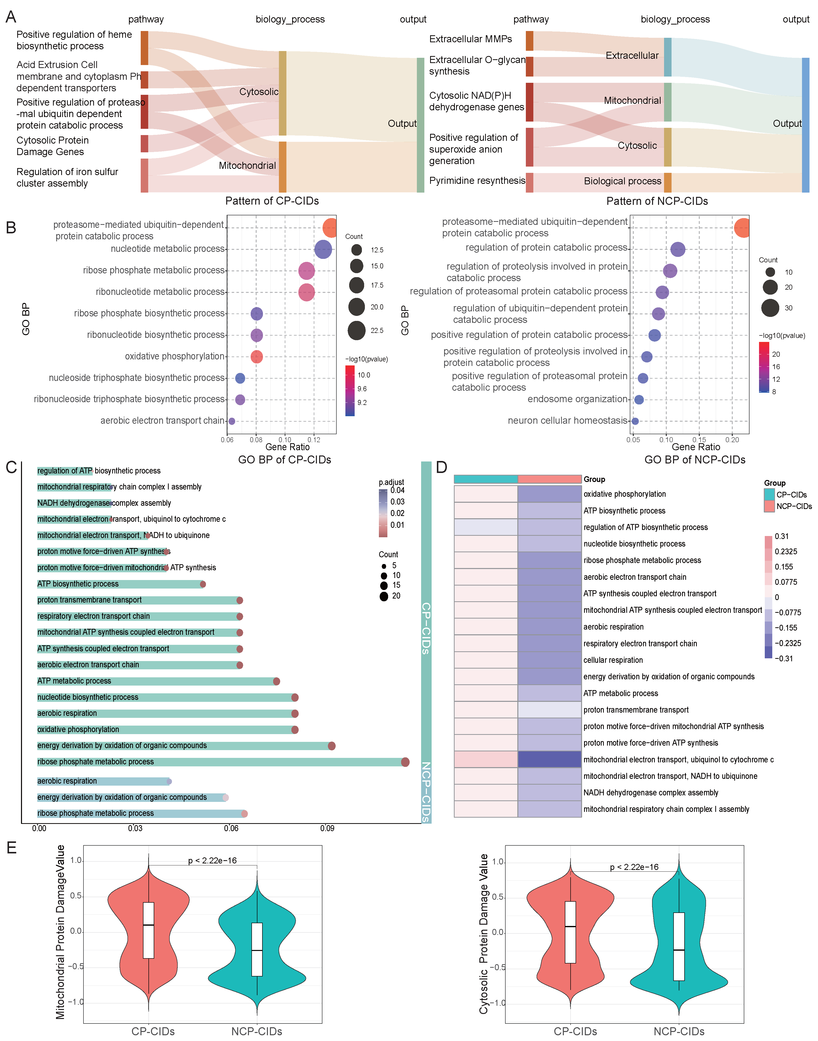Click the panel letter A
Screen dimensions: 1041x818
pyautogui.click(x=10, y=17)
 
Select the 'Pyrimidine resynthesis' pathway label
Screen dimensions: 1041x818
pyautogui.click(x=477, y=181)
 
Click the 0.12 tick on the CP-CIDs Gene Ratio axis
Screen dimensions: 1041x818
pyautogui.click(x=314, y=439)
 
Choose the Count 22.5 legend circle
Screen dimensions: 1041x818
pyautogui.click(x=357, y=331)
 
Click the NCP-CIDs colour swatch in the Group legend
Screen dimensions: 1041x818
pyautogui.click(x=769, y=506)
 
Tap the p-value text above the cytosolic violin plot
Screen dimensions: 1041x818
pyautogui.click(x=634, y=867)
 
